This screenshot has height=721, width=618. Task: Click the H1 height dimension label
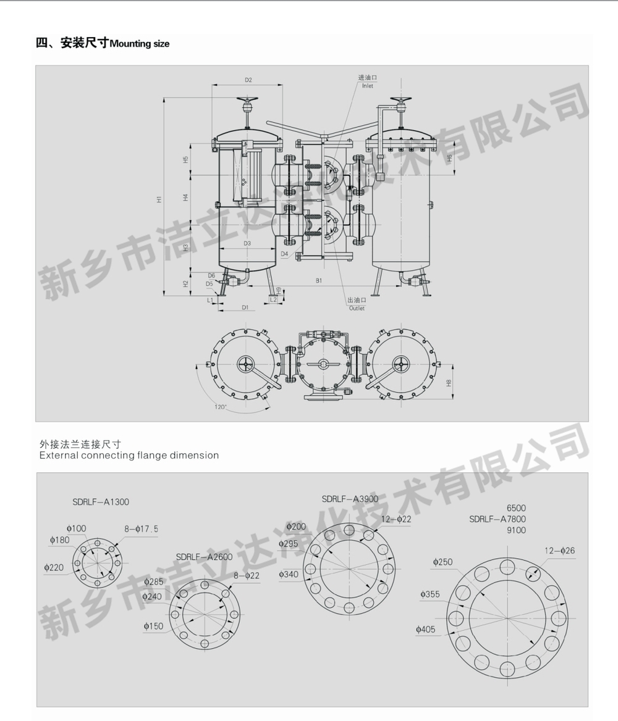[x=159, y=199]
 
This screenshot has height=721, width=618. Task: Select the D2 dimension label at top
[x=248, y=80]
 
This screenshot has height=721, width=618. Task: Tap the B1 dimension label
[x=319, y=281]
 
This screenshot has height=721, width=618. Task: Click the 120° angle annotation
[x=221, y=407]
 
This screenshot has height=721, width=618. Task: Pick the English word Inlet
[x=368, y=86]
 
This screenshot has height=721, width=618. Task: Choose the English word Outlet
[x=357, y=308]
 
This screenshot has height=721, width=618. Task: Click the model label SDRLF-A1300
[x=100, y=502]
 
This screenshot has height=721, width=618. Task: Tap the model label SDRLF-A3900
[x=349, y=498]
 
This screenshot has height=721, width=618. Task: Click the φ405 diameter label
[x=428, y=629]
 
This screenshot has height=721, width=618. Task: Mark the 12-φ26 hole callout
[x=559, y=550]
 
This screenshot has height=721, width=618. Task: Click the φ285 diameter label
[x=154, y=581]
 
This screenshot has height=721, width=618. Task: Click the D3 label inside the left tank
[x=247, y=243]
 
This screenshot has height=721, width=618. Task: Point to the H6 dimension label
[x=450, y=157]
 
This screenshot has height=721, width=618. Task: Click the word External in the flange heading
[x=59, y=456]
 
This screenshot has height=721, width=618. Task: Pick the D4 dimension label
[x=284, y=254]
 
